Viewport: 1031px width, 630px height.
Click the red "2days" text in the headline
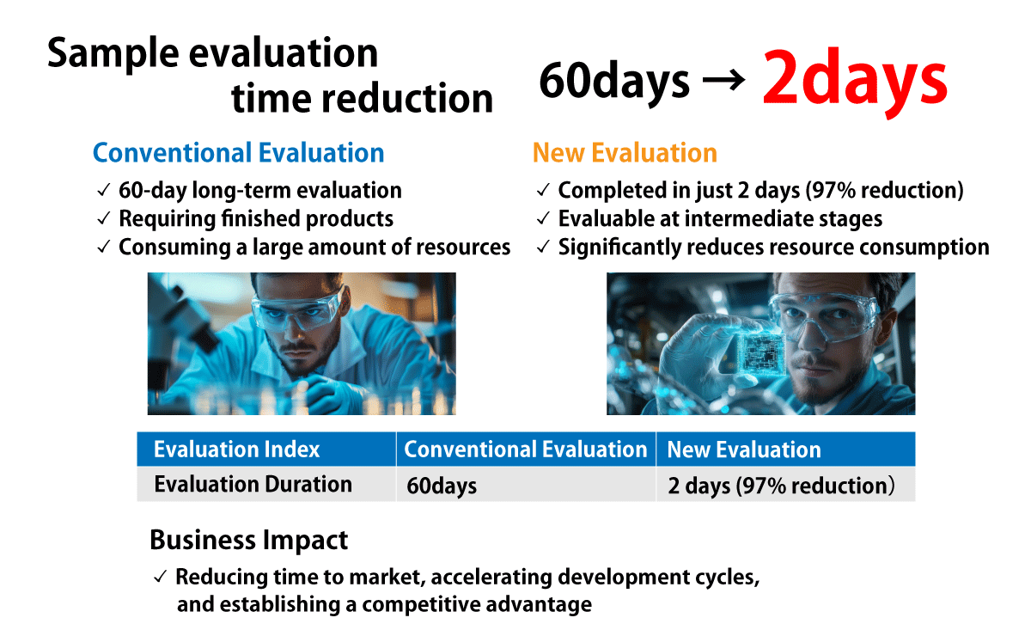tap(854, 80)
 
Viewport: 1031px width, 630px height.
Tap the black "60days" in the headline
tap(614, 82)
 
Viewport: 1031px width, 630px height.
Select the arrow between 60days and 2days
tap(724, 80)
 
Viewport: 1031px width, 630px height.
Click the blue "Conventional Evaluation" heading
tap(239, 152)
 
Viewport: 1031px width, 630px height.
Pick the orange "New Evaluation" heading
tap(625, 152)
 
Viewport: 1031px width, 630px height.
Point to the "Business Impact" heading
tap(248, 540)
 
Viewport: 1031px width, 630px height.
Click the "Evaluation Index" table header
tap(236, 450)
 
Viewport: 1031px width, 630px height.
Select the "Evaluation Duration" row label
tap(253, 485)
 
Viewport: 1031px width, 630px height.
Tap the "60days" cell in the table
tap(442, 486)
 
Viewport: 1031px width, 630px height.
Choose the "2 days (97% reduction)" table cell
tap(781, 486)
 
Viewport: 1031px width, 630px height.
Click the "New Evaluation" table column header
tap(744, 450)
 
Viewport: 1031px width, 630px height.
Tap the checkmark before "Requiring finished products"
tap(104, 218)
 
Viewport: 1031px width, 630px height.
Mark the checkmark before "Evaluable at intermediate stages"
tap(543, 218)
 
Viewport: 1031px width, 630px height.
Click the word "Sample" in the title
tap(113, 54)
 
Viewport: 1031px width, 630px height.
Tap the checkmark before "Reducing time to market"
tap(160, 577)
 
